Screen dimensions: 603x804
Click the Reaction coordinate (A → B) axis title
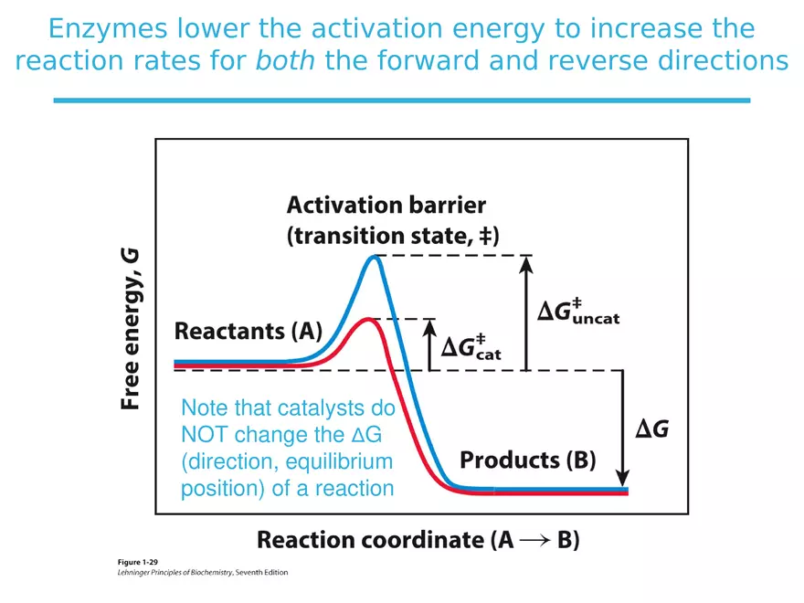[418, 539]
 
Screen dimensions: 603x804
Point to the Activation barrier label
[386, 204]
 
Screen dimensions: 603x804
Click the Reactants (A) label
[248, 332]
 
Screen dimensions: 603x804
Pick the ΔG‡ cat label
[471, 347]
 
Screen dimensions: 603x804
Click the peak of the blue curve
[373, 258]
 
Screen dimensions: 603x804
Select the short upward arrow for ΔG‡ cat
[431, 344]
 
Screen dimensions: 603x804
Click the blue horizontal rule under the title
[401, 100]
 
